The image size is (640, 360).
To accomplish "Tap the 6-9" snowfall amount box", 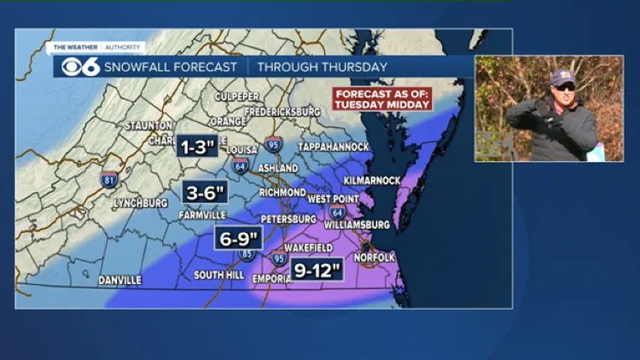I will tap(238, 238).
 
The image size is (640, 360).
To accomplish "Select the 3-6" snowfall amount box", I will tap(204, 193).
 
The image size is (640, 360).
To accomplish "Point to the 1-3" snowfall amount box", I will tap(196, 146).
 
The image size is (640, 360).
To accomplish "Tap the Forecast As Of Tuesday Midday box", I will tap(382, 98).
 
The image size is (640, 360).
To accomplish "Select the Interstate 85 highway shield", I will tap(247, 253).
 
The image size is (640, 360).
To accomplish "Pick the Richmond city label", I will tap(282, 193).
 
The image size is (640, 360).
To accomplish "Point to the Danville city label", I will tap(119, 280).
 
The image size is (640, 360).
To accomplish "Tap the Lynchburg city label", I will tap(140, 203).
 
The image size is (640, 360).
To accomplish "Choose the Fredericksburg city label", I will tap(282, 112).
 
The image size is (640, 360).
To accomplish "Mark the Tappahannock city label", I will tap(335, 147).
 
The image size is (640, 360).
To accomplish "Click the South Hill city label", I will tap(219, 275).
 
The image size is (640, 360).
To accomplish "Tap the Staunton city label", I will tap(149, 125).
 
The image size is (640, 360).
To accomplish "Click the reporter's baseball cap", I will tap(562, 78).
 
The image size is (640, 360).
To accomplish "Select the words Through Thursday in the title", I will tap(322, 67).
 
